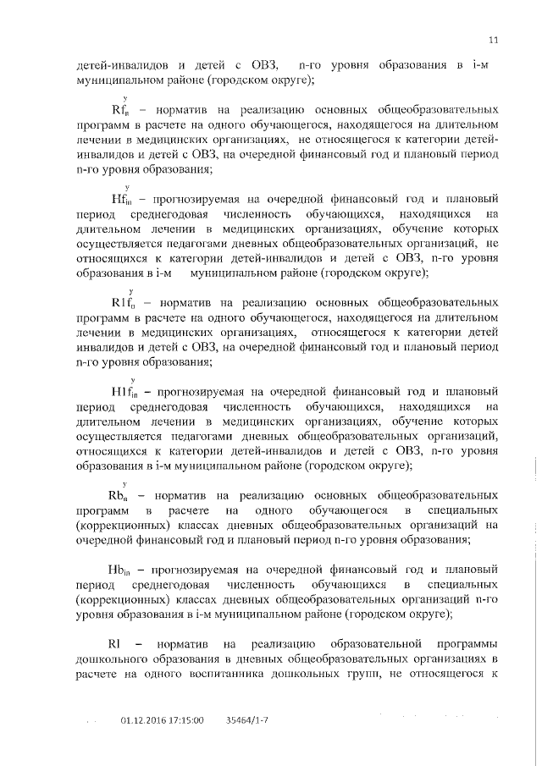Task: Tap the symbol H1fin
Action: click(x=129, y=391)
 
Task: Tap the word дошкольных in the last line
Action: click(x=293, y=674)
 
